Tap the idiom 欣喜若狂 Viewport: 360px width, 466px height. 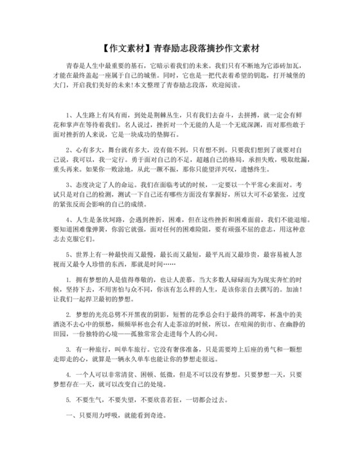tap(168, 399)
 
